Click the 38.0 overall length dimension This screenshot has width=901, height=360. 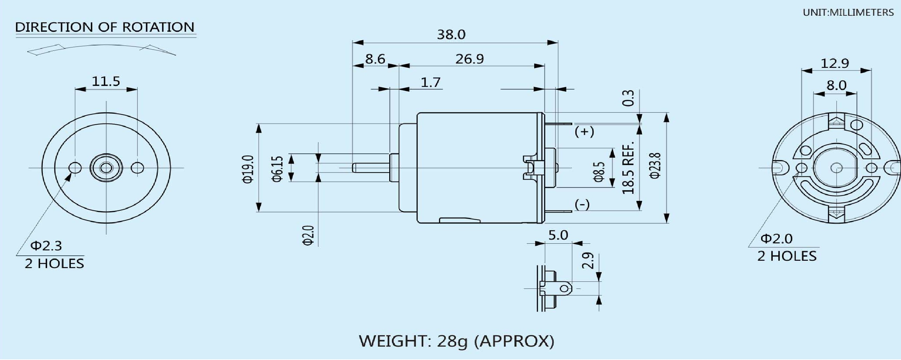(451, 34)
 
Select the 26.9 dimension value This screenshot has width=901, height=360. (469, 59)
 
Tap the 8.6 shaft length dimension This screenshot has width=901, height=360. (375, 59)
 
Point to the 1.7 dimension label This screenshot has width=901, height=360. (430, 82)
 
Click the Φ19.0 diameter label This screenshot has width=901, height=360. (248, 169)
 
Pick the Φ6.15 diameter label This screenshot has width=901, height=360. (277, 169)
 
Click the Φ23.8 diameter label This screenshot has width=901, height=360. (655, 166)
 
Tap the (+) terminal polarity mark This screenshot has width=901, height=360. (584, 132)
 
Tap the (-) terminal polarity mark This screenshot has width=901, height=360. (582, 204)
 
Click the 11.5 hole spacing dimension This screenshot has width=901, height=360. (106, 81)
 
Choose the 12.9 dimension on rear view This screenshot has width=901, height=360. (835, 63)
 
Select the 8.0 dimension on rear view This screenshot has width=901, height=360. (836, 85)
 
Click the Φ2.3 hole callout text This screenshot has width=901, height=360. (46, 246)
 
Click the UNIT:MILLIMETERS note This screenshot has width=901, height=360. (848, 13)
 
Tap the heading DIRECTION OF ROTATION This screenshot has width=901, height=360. (105, 27)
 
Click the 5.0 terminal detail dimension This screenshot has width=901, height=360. (558, 235)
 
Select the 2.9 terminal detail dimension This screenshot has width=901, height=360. (588, 261)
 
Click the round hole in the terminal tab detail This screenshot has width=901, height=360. (565, 288)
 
